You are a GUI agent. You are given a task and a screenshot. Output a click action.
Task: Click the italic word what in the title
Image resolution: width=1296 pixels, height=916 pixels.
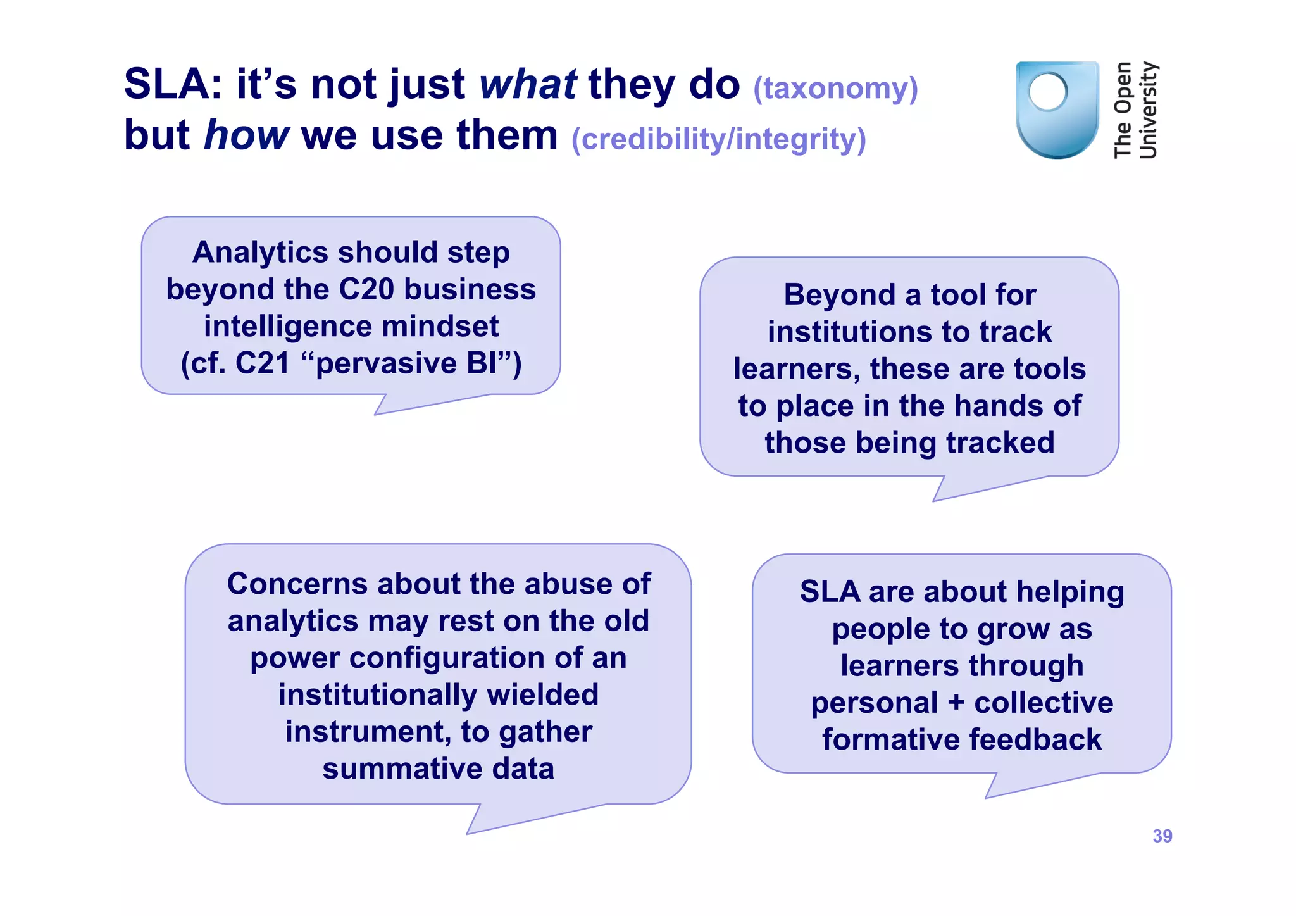pos(528,84)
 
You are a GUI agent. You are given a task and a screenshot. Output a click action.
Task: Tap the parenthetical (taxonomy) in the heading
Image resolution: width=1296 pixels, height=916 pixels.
pos(835,88)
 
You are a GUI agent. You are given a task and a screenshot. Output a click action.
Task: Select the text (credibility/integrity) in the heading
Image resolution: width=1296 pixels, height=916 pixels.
pos(718,139)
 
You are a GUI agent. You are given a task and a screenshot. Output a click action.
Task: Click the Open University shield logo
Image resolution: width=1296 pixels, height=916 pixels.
pos(1057,110)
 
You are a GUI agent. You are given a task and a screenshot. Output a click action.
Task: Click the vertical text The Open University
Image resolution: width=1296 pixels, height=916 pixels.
pos(1135,110)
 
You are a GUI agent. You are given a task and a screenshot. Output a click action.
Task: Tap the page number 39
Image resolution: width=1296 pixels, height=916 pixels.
pos(1162,836)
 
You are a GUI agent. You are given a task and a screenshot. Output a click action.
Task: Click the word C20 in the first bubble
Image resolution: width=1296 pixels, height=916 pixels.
pos(366,290)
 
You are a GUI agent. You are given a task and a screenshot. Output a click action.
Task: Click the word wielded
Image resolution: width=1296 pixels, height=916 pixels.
pos(542,695)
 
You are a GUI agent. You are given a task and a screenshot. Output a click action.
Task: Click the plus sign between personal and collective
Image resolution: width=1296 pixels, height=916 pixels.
pos(956,703)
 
